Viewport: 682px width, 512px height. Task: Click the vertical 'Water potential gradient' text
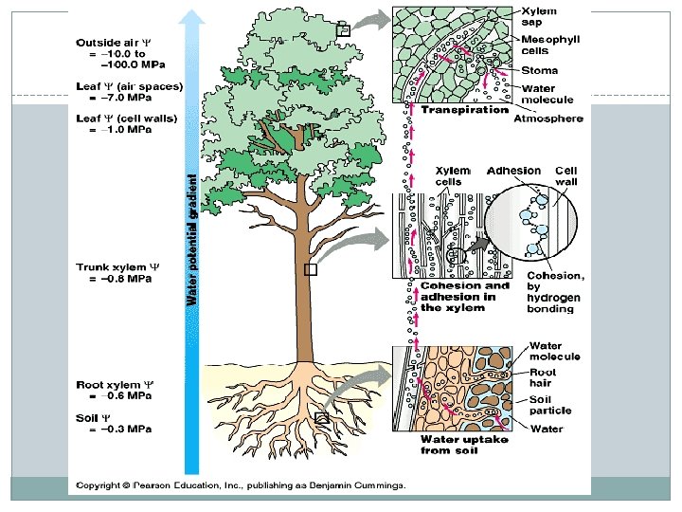pos(191,237)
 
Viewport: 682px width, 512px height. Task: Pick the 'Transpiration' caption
pos(464,110)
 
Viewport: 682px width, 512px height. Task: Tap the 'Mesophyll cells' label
pos(547,44)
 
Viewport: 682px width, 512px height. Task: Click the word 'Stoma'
pos(540,70)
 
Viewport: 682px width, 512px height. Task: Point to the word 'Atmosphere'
pos(548,119)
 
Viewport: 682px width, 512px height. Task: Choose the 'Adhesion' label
pos(512,172)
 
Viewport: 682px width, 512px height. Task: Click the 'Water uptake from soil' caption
pos(464,445)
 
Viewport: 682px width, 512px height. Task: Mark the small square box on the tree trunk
pos(310,269)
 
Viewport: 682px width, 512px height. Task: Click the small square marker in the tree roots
pos(321,418)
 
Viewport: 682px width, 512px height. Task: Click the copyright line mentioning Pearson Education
pos(241,485)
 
